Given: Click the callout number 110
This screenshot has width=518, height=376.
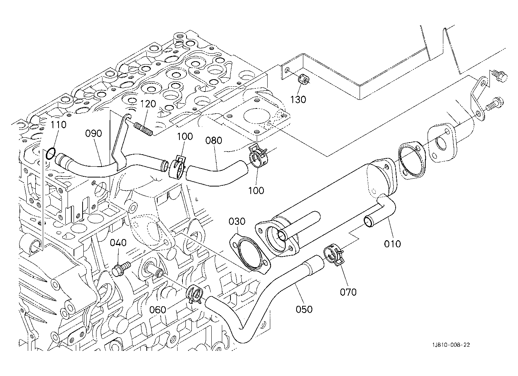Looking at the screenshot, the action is [x=58, y=125].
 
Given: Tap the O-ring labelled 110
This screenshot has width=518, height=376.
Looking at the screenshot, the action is [x=51, y=153].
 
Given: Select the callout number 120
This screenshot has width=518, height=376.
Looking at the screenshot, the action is [x=148, y=104].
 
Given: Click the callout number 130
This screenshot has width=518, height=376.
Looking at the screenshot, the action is [x=298, y=100].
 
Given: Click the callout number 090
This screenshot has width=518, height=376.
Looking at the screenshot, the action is [x=93, y=134].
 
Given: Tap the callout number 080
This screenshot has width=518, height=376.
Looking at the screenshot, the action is [x=214, y=140].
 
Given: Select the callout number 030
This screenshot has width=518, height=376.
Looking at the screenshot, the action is [x=237, y=221].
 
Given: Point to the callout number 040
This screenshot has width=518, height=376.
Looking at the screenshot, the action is [x=118, y=243].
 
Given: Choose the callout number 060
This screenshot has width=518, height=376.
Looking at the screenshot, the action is [x=158, y=310].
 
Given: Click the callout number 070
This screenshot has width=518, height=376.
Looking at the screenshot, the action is [x=348, y=292].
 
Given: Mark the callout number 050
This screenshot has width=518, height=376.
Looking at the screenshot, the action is [x=304, y=310].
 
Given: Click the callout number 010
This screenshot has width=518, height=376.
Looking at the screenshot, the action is [x=392, y=244].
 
